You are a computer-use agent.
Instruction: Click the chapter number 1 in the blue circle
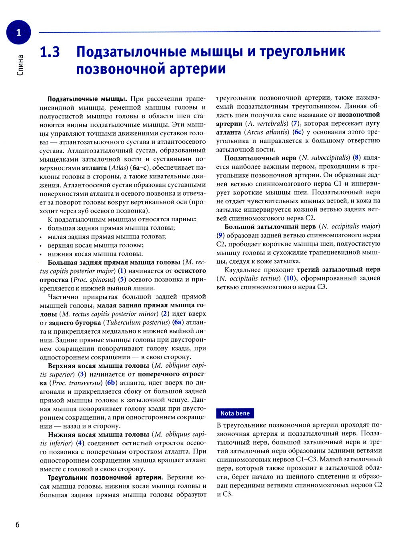click(18, 32)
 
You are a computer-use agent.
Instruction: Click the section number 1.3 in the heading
click(50, 52)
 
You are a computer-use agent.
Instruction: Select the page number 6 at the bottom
click(17, 524)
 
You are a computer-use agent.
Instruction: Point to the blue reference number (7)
click(295, 124)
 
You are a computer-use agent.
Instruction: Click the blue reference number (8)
click(357, 158)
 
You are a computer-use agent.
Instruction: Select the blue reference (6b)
click(111, 383)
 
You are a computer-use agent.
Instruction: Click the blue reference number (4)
click(81, 443)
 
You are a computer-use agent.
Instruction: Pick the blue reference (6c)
click(298, 132)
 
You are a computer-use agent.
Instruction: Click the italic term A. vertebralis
click(267, 124)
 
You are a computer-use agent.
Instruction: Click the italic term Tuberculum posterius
click(137, 323)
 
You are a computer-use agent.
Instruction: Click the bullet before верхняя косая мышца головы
click(41, 246)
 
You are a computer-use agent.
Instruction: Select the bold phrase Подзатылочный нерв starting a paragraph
click(260, 158)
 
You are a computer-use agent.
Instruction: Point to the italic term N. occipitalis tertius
click(249, 279)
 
